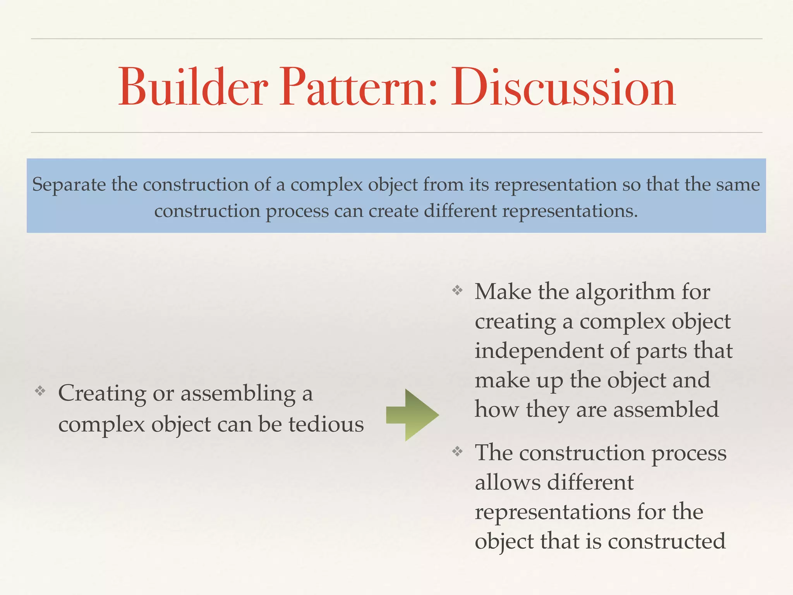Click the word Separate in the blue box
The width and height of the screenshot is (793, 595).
pos(69,185)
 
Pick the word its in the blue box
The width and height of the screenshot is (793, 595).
pos(480,185)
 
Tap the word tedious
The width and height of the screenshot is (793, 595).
pos(326,424)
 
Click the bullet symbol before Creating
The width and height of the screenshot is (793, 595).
pos(40,391)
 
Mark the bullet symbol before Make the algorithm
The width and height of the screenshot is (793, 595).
pos(457,290)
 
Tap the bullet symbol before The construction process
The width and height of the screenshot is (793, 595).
pos(457,451)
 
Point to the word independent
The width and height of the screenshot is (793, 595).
pos(539,351)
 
